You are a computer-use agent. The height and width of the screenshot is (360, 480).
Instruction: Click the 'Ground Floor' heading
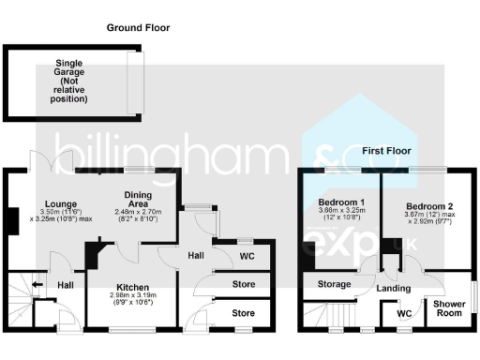point(138,28)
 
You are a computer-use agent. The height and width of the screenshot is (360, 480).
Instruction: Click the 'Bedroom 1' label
point(341,202)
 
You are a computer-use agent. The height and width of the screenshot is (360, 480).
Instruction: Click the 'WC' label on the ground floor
point(247,255)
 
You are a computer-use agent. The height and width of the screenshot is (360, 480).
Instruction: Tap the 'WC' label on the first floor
point(404,313)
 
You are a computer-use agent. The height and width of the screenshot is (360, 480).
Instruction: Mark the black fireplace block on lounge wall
point(10,220)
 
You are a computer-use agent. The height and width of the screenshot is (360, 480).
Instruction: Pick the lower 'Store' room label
point(243,312)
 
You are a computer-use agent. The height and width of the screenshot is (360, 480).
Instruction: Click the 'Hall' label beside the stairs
point(66,285)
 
